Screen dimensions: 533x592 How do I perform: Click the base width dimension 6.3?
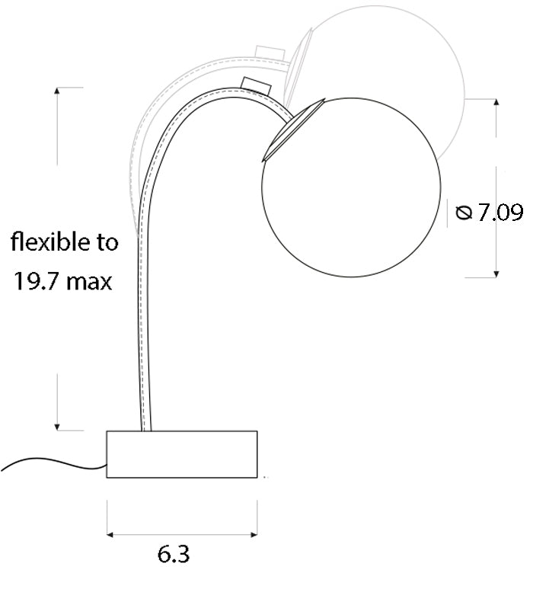[x=173, y=554]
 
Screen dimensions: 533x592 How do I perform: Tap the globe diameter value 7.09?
[x=501, y=212]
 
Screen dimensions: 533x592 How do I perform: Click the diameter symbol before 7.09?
[x=464, y=212]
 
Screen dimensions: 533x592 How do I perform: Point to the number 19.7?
[x=37, y=281]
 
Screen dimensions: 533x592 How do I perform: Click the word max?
[x=88, y=283]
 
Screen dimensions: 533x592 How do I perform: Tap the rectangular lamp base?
[x=182, y=454]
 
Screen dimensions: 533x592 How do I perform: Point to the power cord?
[x=53, y=463]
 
